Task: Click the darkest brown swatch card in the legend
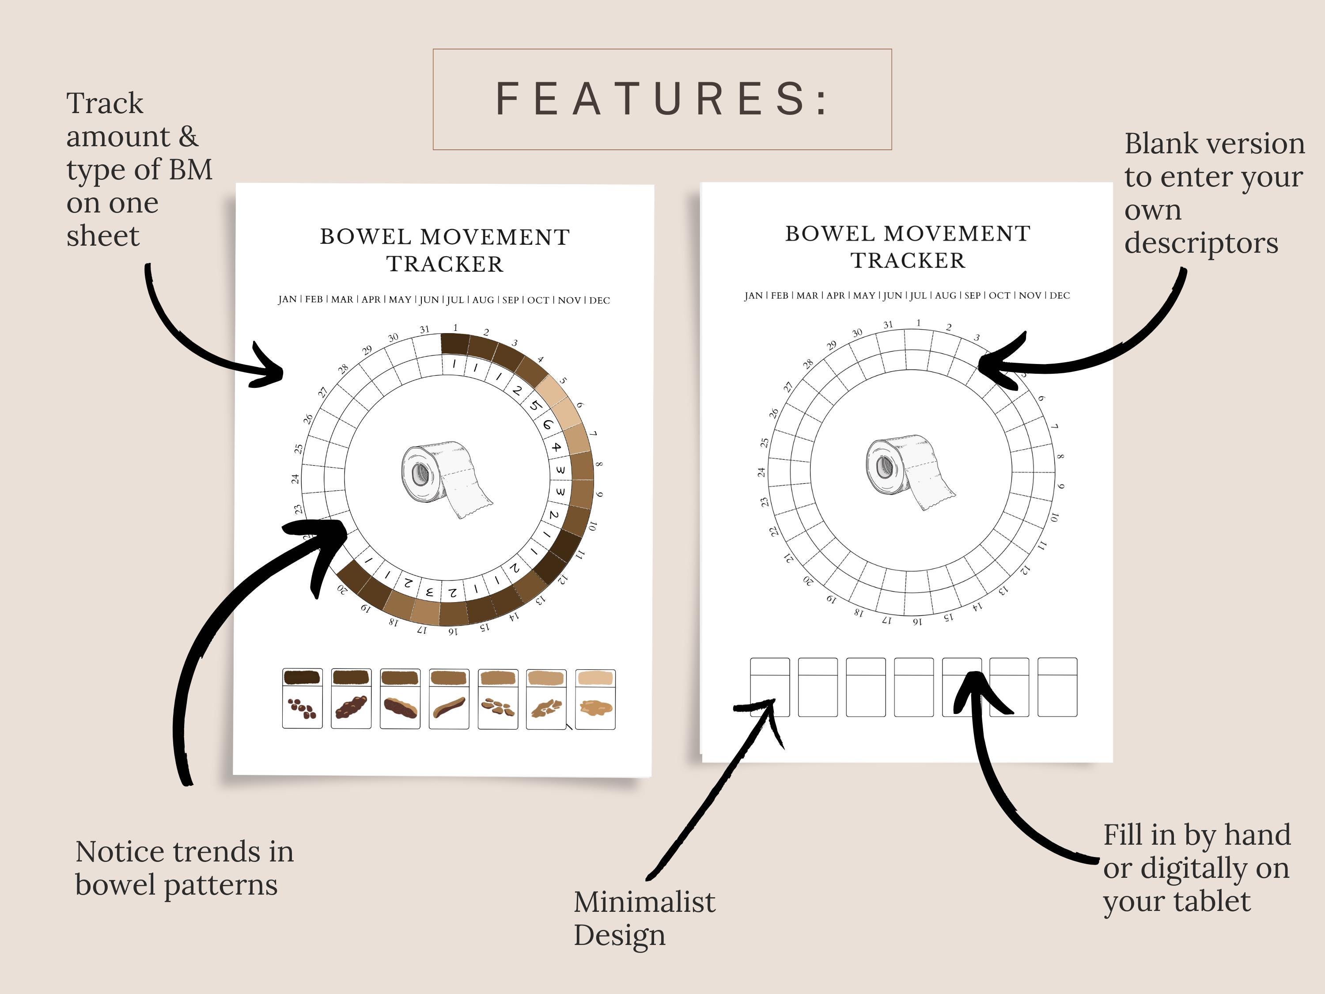[x=302, y=698]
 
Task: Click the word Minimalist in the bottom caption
[x=644, y=902]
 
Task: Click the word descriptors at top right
[x=1201, y=243]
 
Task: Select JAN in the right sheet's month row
[x=753, y=296]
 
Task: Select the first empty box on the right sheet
[x=770, y=687]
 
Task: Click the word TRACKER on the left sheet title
[x=444, y=264]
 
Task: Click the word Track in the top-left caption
[x=105, y=103]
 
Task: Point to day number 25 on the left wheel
[x=298, y=448]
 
